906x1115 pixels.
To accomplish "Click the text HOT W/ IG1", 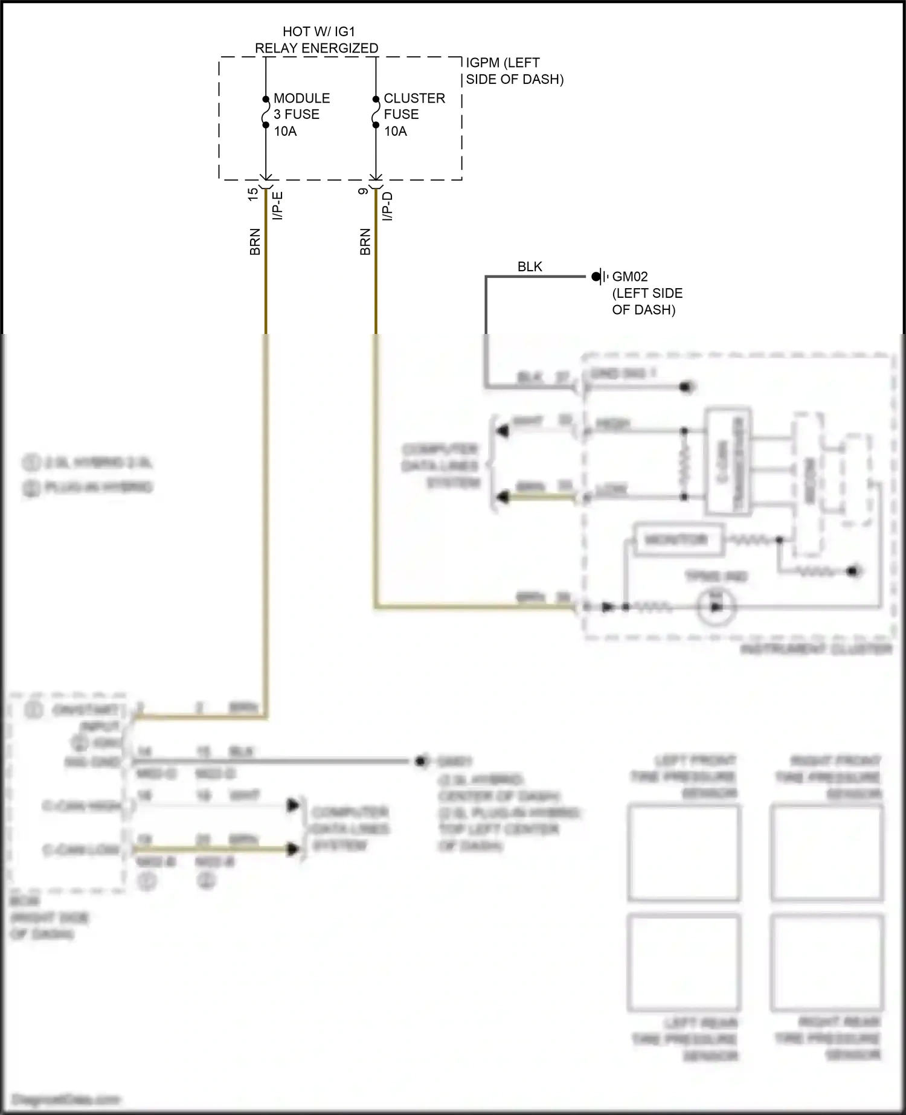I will [x=318, y=31].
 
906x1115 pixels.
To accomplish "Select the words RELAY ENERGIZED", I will [x=316, y=48].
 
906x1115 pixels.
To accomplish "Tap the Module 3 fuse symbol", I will [x=266, y=112].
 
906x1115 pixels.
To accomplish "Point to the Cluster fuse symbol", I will [x=376, y=112].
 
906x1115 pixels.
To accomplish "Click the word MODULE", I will [x=301, y=98].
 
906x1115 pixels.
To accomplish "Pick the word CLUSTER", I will [x=414, y=98].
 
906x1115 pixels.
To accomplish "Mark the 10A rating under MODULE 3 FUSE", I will [x=285, y=131].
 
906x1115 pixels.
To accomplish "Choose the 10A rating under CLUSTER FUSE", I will [x=396, y=131].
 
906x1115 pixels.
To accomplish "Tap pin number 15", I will [x=253, y=194].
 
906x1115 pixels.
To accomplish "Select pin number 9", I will [x=363, y=191].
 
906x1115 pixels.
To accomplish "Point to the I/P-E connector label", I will [x=278, y=205].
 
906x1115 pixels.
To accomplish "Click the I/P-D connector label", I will [x=388, y=206].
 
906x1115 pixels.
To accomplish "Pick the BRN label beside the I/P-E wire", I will [x=255, y=242].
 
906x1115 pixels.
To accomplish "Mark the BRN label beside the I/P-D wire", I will [x=365, y=242].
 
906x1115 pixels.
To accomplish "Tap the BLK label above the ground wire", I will [x=530, y=267].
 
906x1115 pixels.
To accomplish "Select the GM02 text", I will [x=630, y=277].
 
